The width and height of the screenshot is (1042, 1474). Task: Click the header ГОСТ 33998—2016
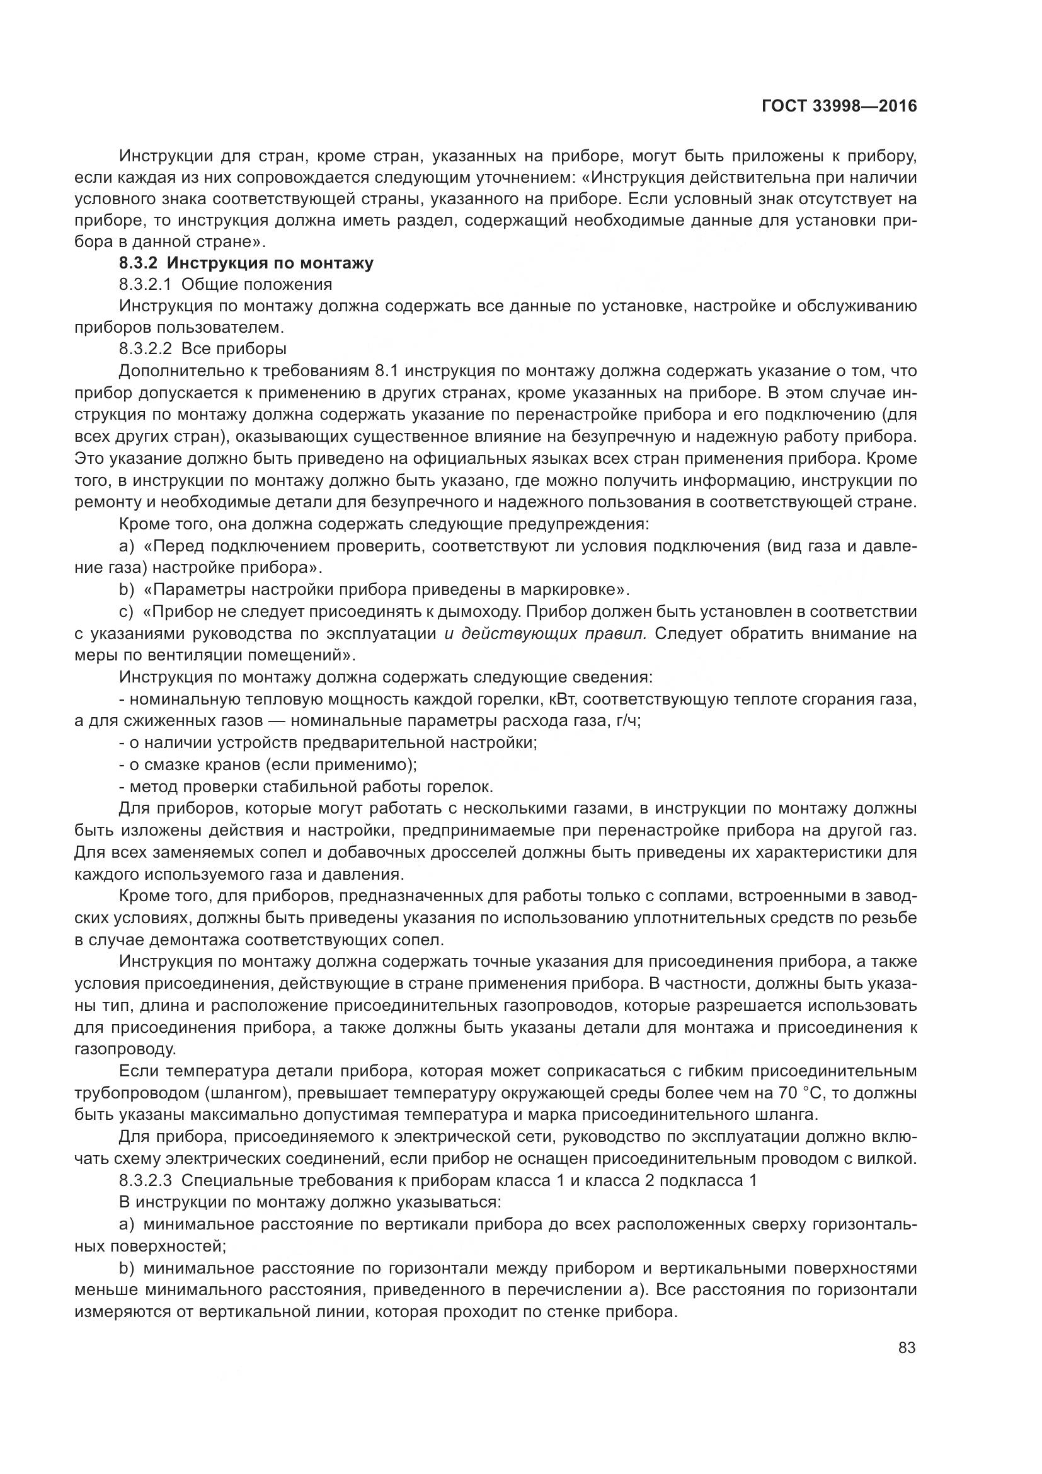[839, 107]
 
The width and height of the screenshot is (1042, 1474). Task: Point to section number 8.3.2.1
[146, 284]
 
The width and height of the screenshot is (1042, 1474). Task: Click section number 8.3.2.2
[146, 349]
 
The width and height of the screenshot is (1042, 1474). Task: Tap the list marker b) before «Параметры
[127, 590]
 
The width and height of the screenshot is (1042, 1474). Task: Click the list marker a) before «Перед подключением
[127, 546]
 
